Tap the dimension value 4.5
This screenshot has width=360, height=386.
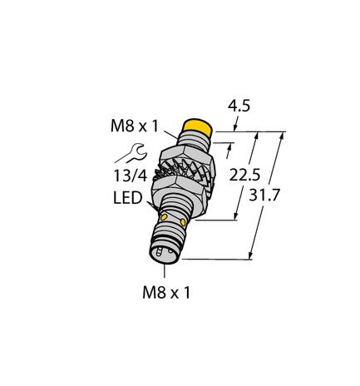tap(237, 106)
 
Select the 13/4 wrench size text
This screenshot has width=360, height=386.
tap(131, 176)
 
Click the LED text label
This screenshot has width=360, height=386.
tap(126, 200)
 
